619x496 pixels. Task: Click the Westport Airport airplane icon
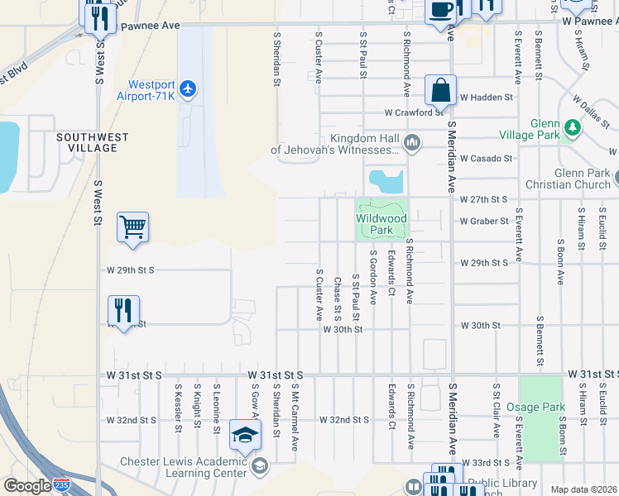[189, 88]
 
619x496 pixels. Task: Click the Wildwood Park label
[381, 224]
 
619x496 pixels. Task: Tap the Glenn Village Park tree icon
[572, 128]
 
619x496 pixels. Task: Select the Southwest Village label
[92, 141]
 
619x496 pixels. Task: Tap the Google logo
[27, 486]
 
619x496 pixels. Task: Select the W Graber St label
[484, 222]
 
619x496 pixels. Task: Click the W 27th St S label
[483, 200]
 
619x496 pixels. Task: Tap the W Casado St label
[487, 158]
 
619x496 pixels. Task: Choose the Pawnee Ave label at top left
[150, 26]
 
